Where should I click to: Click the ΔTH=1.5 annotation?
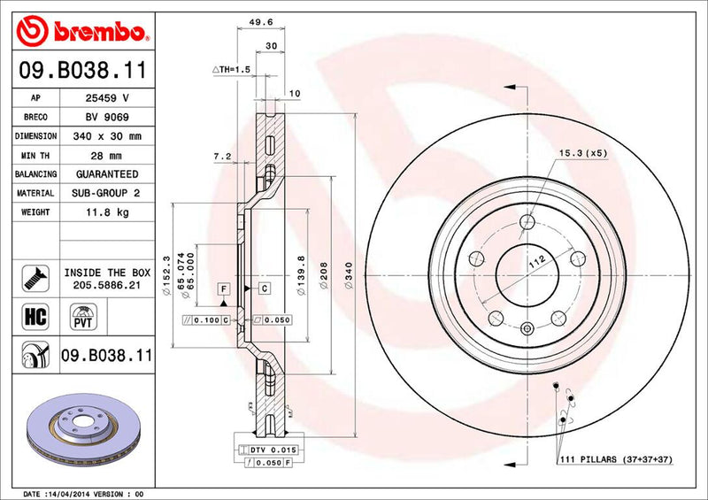click(x=232, y=69)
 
